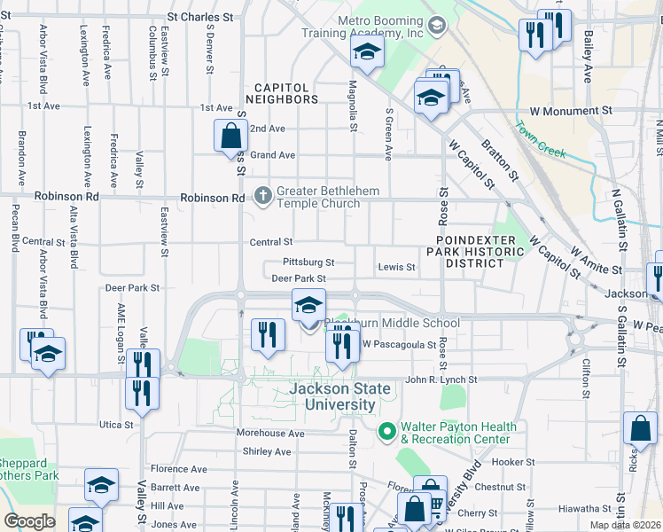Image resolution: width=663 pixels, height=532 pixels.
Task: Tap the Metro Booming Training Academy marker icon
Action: [435, 25]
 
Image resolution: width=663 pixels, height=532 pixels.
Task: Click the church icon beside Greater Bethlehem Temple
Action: [262, 196]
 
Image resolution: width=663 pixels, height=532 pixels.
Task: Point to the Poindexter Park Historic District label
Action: [480, 252]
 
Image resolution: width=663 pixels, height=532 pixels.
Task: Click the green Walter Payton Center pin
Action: [386, 432]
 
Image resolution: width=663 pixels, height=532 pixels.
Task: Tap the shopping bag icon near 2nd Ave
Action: [230, 137]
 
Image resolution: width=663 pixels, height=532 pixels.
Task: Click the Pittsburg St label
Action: [308, 262]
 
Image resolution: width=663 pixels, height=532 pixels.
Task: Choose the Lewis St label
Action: [396, 267]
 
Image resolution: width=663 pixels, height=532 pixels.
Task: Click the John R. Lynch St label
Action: [441, 379]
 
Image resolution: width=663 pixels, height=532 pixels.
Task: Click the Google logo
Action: [29, 520]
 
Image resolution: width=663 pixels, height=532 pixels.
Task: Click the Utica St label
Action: [116, 425]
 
